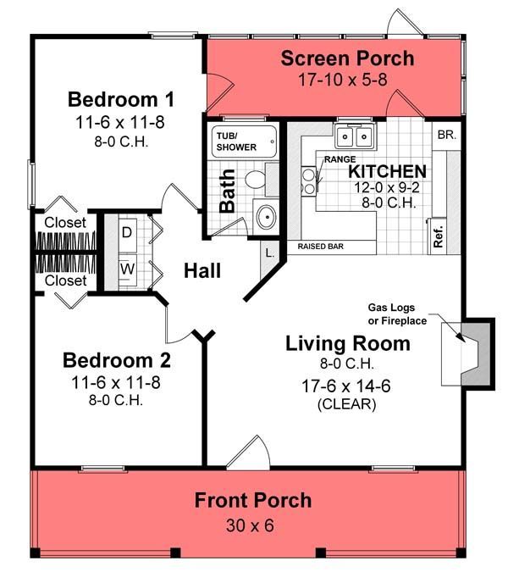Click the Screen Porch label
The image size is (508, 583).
pyautogui.click(x=347, y=58)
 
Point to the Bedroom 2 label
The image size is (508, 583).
pyautogui.click(x=117, y=360)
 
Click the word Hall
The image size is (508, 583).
pyautogui.click(x=203, y=271)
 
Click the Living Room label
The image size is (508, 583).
pyautogui.click(x=347, y=343)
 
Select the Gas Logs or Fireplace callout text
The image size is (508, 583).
pyautogui.click(x=396, y=314)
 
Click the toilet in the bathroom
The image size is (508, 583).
pyautogui.click(x=256, y=180)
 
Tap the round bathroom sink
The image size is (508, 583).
pyautogui.click(x=266, y=217)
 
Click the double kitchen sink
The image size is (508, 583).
pyautogui.click(x=355, y=136)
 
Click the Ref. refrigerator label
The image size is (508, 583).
pyautogui.click(x=439, y=236)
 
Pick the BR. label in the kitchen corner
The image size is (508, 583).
pyautogui.click(x=446, y=135)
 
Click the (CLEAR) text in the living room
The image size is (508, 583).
pyautogui.click(x=347, y=404)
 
